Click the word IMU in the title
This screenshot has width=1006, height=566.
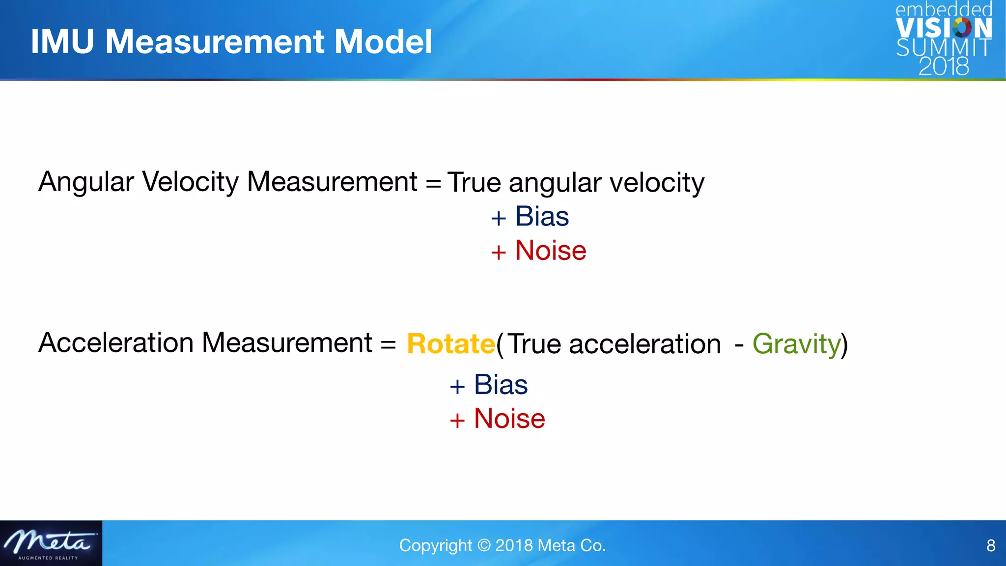point(62,41)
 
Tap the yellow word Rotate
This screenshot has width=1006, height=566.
point(451,343)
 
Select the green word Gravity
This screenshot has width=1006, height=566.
point(796,343)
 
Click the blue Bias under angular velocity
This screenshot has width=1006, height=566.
point(542,216)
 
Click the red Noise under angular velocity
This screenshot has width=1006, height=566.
point(550,251)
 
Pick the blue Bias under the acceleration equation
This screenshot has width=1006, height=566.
point(501,384)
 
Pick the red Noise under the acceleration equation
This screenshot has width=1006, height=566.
point(509,419)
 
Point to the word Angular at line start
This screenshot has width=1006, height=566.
point(86,182)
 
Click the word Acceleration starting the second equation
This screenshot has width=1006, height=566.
point(116,342)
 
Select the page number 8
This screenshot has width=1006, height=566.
point(991,545)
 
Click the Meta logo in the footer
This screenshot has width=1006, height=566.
point(51,543)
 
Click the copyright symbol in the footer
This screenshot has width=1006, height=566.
point(484,545)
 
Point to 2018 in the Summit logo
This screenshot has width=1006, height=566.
point(944,66)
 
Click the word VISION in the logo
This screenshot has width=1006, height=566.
point(944,28)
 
